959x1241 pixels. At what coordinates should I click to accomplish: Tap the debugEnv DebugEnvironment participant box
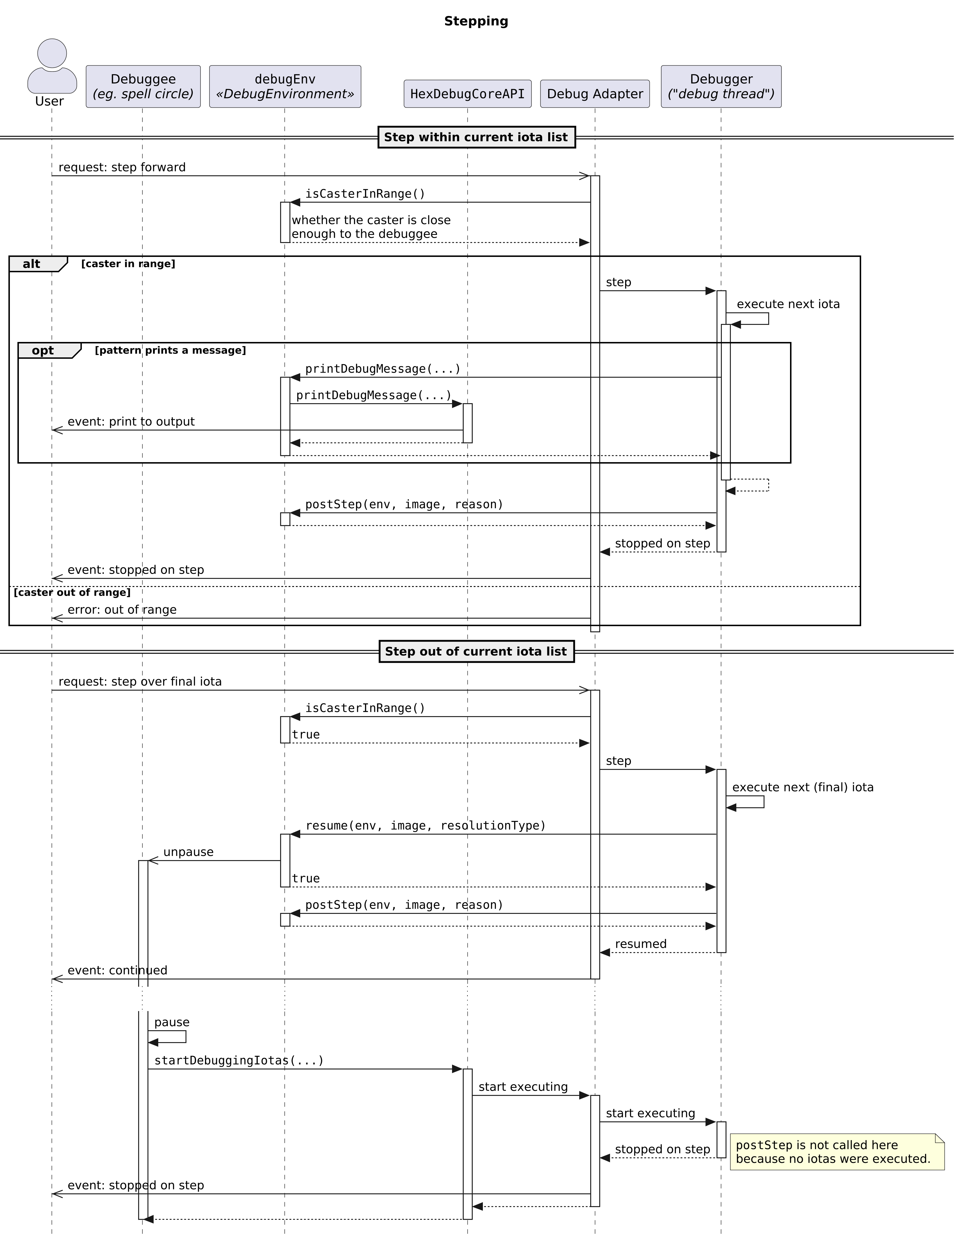click(285, 87)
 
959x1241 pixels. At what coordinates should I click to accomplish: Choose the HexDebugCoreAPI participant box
click(467, 94)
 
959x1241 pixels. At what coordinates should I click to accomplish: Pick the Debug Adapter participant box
click(595, 94)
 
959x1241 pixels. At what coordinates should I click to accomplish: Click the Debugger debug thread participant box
click(721, 87)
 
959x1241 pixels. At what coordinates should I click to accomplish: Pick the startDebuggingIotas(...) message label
click(239, 1061)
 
